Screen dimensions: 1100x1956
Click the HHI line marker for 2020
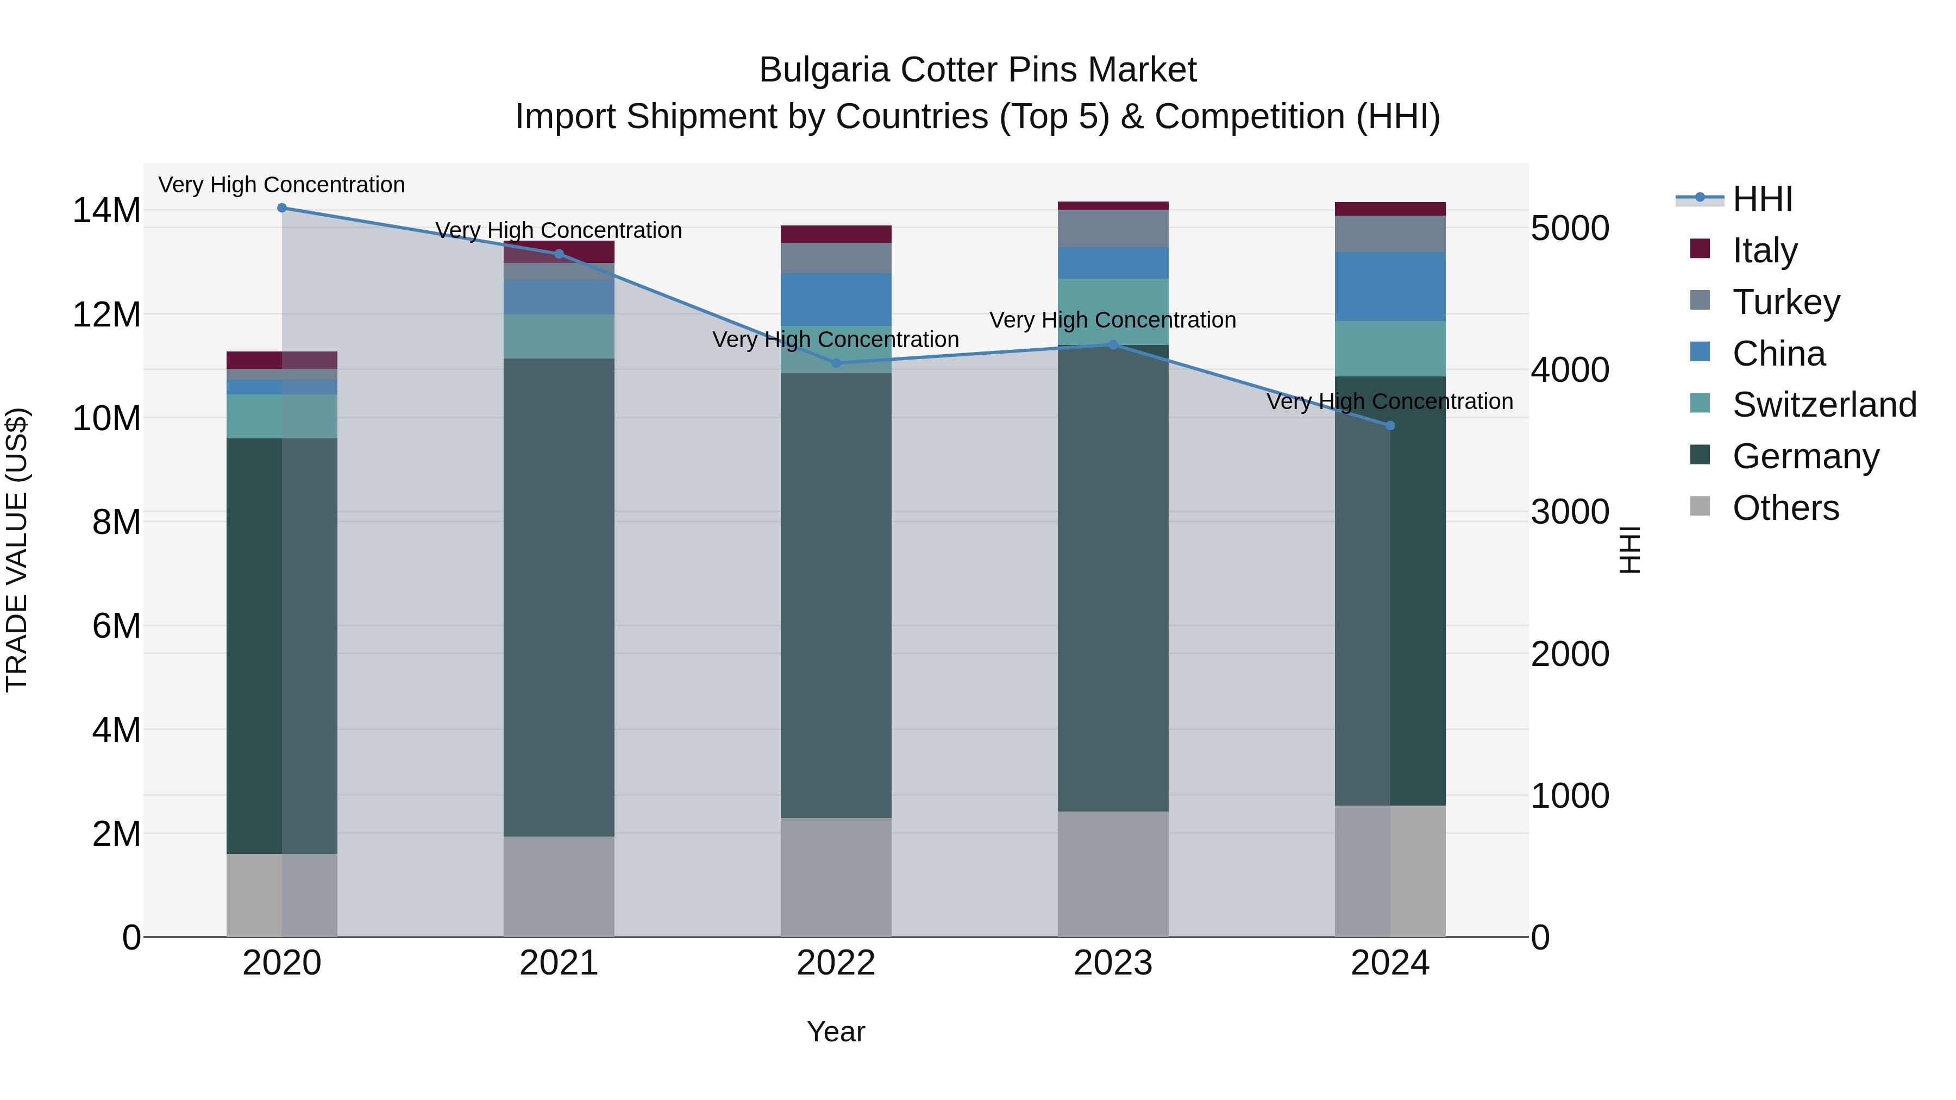pyautogui.click(x=281, y=208)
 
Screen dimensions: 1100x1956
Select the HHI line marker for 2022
pyautogui.click(x=836, y=363)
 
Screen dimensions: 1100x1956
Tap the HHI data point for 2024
pyautogui.click(x=1390, y=426)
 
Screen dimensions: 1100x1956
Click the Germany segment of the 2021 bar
pyautogui.click(x=559, y=598)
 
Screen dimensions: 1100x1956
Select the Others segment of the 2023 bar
pyautogui.click(x=1113, y=874)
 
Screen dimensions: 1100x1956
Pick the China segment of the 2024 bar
pyautogui.click(x=1390, y=286)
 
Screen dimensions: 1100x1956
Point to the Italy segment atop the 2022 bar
pyautogui.click(x=836, y=234)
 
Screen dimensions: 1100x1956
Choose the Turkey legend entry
pyautogui.click(x=1786, y=302)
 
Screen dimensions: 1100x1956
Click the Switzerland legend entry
pyautogui.click(x=1824, y=405)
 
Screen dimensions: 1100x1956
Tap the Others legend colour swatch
pyautogui.click(x=1700, y=506)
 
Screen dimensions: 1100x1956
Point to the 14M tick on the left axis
pyautogui.click(x=107, y=210)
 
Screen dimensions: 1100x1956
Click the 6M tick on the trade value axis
pyautogui.click(x=116, y=626)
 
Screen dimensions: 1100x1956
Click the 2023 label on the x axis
pyautogui.click(x=1113, y=963)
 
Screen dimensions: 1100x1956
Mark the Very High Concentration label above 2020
pyautogui.click(x=281, y=185)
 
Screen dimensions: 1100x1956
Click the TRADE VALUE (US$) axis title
pyautogui.click(x=17, y=550)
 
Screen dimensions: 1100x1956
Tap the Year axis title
pyautogui.click(x=836, y=1032)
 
